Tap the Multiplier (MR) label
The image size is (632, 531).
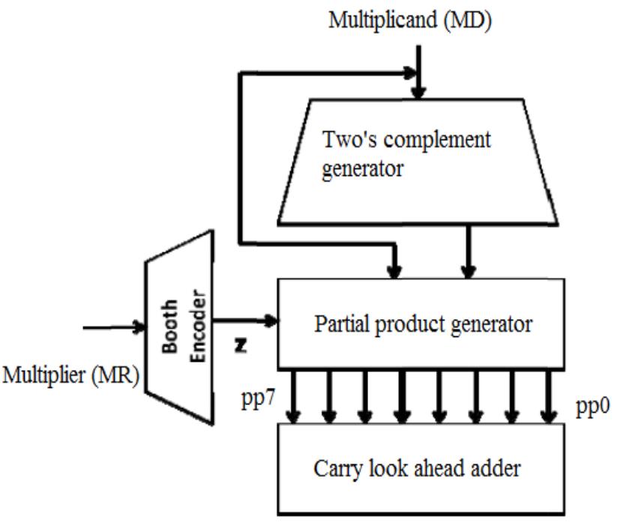(71, 374)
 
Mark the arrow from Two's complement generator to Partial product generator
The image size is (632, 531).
(469, 252)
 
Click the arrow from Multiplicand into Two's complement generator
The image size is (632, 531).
(420, 72)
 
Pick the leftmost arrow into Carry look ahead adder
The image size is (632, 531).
(294, 397)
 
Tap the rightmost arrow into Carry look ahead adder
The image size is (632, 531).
(549, 397)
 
